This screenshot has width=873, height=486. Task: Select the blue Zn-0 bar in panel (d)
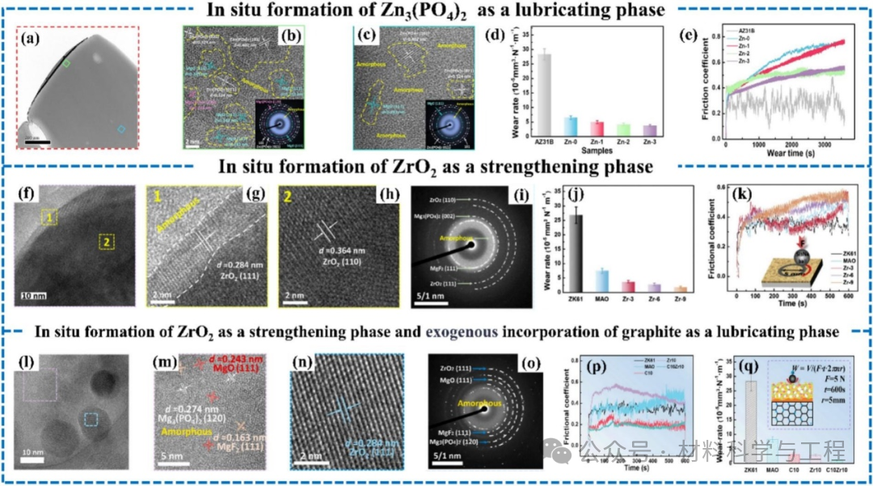tap(571, 125)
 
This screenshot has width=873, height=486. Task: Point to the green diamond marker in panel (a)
tap(67, 62)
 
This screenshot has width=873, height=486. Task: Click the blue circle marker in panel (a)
tap(121, 128)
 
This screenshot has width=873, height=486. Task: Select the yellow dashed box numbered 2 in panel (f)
tap(105, 241)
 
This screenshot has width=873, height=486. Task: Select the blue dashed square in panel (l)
tap(91, 419)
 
